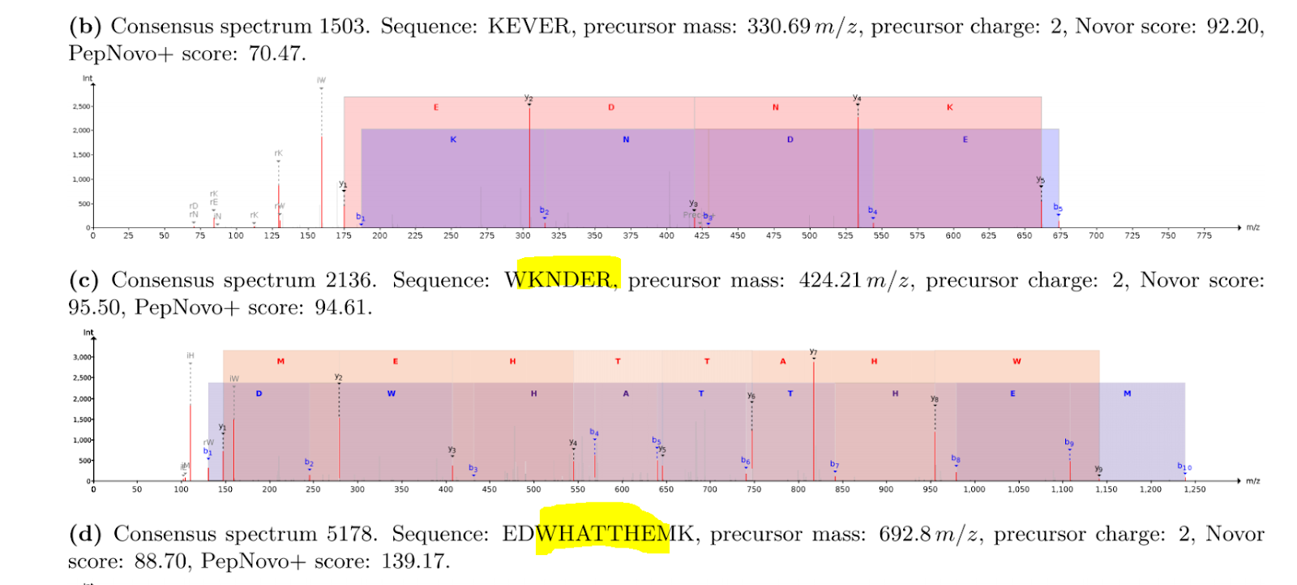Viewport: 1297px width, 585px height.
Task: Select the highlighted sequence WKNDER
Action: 559,280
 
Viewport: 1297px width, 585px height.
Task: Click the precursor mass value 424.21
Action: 829,280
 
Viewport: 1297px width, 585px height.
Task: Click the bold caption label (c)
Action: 83,280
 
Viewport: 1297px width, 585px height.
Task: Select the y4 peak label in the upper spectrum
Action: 857,98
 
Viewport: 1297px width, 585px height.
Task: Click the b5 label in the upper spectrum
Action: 1058,208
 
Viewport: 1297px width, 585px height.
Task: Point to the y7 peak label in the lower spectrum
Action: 813,352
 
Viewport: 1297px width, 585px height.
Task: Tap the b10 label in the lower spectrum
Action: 1184,467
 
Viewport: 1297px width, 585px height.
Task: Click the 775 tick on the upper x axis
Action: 1204,236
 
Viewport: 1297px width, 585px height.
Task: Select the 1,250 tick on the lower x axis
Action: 1195,490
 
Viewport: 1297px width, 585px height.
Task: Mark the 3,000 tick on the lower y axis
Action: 82,357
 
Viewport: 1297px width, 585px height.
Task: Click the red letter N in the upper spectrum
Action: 775,107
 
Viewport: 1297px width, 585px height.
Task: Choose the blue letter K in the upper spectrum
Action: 453,140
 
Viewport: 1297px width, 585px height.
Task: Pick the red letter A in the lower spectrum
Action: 783,361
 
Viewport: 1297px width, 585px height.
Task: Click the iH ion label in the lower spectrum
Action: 190,355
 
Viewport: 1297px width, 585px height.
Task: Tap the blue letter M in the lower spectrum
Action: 1127,394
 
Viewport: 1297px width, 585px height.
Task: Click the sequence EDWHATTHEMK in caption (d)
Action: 598,534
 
